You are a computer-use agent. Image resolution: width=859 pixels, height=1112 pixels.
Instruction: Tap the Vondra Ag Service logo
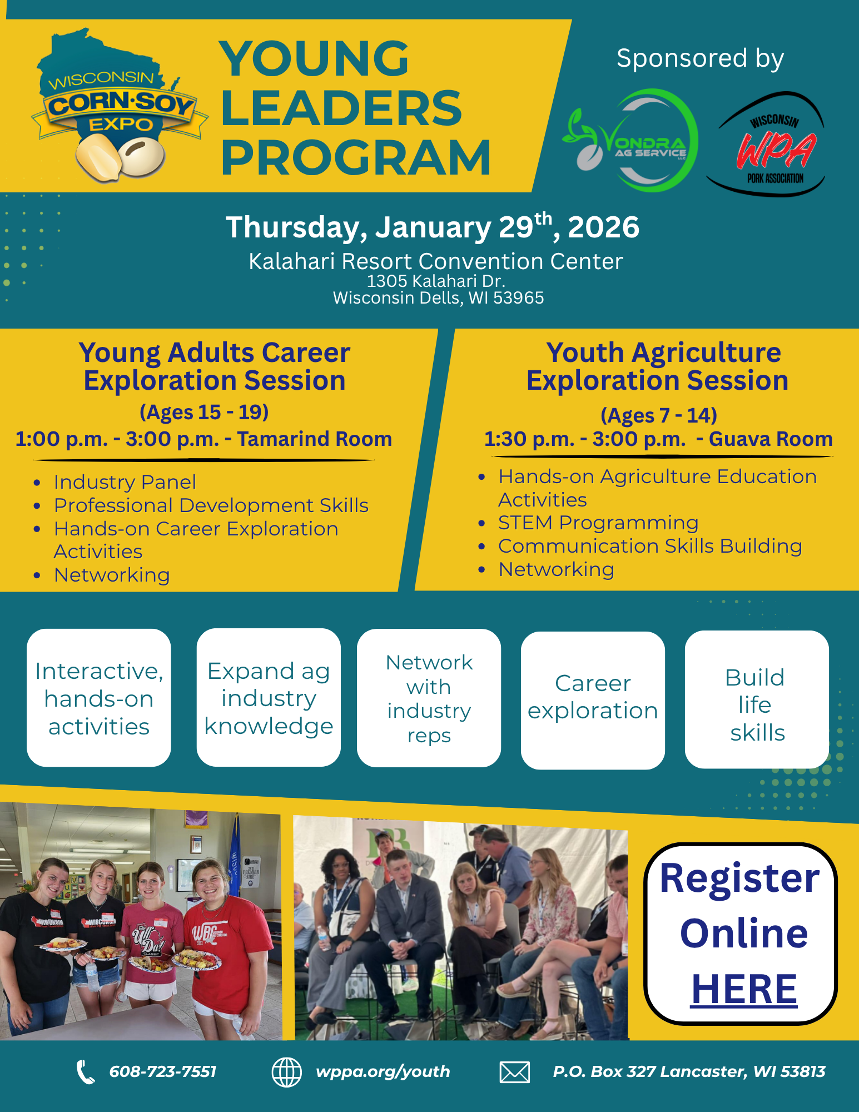click(x=631, y=141)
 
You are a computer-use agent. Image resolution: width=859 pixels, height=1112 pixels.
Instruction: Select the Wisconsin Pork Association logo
click(x=766, y=144)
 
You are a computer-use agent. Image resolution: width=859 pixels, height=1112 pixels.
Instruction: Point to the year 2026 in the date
click(x=603, y=227)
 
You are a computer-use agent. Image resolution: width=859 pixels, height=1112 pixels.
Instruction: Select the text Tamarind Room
click(x=315, y=439)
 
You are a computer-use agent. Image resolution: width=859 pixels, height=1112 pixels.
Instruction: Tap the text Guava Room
click(x=771, y=439)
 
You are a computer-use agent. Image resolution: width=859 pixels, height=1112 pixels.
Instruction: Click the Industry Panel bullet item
click(x=125, y=482)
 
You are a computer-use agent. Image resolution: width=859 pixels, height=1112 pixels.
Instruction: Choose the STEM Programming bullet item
click(x=598, y=523)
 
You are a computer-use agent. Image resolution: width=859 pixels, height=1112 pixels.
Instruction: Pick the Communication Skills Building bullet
click(x=650, y=546)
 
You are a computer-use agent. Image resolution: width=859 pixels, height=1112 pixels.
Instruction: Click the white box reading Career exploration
click(x=593, y=701)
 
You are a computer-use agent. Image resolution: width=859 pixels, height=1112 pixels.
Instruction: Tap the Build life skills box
click(x=757, y=699)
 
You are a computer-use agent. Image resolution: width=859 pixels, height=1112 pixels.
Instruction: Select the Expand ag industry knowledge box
click(x=269, y=698)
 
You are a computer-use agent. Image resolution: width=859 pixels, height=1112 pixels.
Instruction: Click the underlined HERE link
click(x=744, y=989)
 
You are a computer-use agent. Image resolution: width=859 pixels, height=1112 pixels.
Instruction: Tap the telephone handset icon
click(x=85, y=1072)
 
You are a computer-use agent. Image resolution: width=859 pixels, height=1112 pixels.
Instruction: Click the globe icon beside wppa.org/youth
click(x=286, y=1072)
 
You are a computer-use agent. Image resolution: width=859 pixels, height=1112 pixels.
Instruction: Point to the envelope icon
click(x=514, y=1072)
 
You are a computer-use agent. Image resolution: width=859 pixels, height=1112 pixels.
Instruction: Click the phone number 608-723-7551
click(x=163, y=1071)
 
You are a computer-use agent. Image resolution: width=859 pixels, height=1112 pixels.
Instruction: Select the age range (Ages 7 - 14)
click(x=659, y=415)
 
